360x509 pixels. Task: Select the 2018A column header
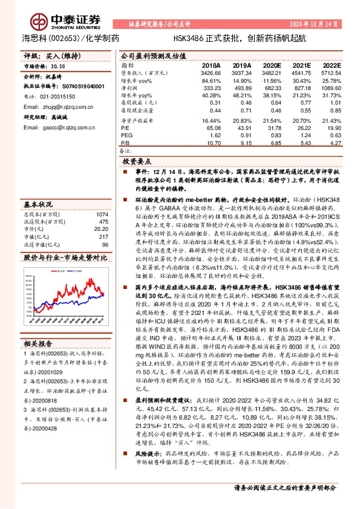(211, 65)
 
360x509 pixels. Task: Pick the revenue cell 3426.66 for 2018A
(211, 73)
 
